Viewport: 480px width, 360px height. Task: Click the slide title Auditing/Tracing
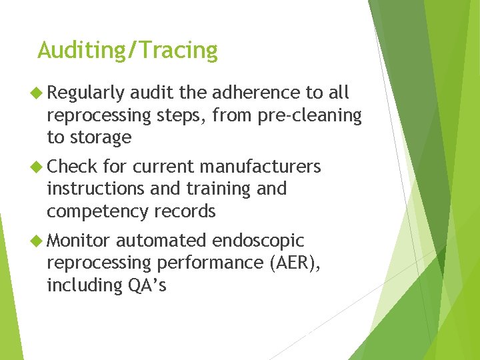point(127,51)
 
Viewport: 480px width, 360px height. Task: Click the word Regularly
point(86,93)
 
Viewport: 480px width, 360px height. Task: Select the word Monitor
point(80,240)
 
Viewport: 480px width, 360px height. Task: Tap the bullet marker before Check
point(39,166)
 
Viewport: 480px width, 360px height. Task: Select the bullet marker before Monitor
point(39,240)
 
